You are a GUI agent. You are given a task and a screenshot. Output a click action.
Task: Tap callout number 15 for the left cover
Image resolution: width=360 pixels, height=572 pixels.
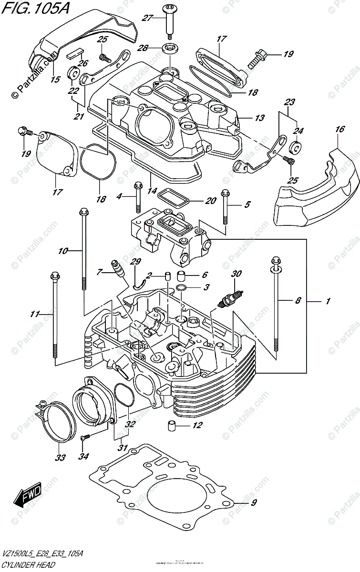(55, 80)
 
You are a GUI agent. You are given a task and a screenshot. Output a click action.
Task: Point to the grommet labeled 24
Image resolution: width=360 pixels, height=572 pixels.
(296, 148)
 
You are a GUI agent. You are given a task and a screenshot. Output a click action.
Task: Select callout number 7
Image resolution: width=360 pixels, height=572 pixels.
(100, 272)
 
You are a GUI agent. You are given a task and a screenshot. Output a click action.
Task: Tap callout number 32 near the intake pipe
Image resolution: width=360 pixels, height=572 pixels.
(130, 423)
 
